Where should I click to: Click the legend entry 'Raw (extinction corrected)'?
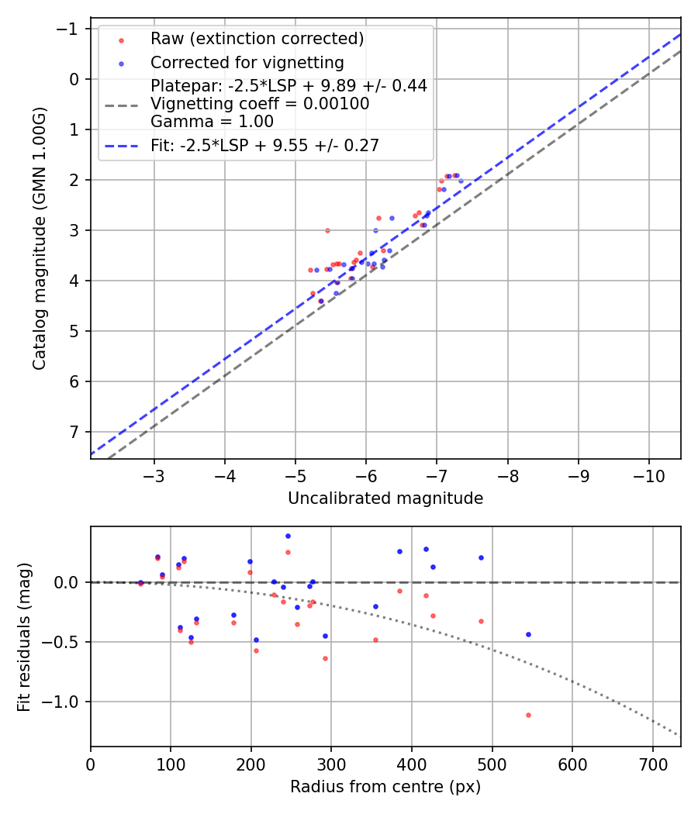(257, 39)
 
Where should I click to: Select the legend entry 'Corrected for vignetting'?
(247, 62)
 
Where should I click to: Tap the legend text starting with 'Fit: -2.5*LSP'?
(264, 145)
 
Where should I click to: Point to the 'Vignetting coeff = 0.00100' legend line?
(260, 103)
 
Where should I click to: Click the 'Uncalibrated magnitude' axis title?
(385, 498)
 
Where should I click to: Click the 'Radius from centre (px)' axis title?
(385, 787)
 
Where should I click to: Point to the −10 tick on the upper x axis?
(649, 474)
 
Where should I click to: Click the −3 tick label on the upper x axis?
(154, 474)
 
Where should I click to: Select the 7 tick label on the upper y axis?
(74, 432)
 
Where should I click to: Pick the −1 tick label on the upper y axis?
(70, 29)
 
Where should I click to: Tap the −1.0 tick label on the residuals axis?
(65, 702)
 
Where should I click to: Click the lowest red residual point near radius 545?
(528, 715)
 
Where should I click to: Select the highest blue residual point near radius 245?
(288, 536)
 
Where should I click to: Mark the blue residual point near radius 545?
(528, 634)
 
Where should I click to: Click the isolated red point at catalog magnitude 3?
(327, 230)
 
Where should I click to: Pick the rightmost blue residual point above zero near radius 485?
(481, 557)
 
